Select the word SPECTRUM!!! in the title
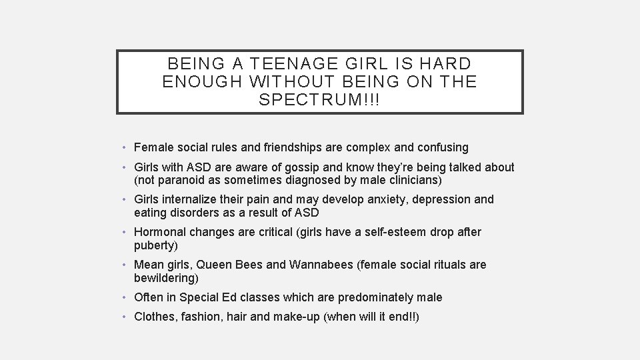(320, 100)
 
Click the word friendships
(284, 147)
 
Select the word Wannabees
(322, 265)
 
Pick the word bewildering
(166, 277)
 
